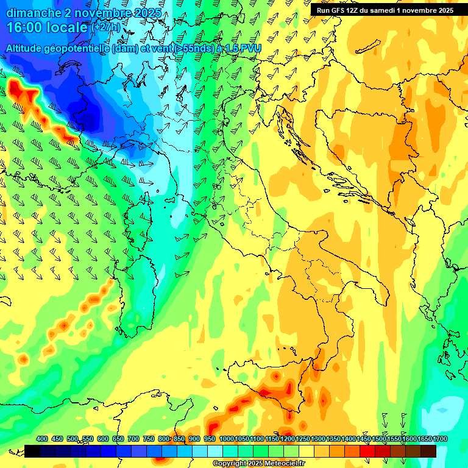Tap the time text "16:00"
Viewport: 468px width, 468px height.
pyautogui.click(x=26, y=27)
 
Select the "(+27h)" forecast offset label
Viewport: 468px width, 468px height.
pyautogui.click(x=107, y=27)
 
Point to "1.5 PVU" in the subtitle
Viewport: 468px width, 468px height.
pyautogui.click(x=241, y=48)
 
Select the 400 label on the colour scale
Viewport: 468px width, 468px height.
pyautogui.click(x=42, y=439)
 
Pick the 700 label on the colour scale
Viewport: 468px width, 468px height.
pyautogui.click(x=133, y=439)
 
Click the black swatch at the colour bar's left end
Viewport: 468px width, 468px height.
pyautogui.click(x=32, y=451)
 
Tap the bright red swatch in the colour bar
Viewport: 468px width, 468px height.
pyautogui.click(x=367, y=451)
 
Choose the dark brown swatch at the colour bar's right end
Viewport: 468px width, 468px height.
pyautogui.click(x=428, y=451)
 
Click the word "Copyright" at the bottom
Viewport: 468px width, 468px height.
pyautogui.click(x=231, y=464)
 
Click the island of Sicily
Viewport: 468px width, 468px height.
pyautogui.click(x=286, y=396)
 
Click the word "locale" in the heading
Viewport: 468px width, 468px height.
pyautogui.click(x=66, y=27)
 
